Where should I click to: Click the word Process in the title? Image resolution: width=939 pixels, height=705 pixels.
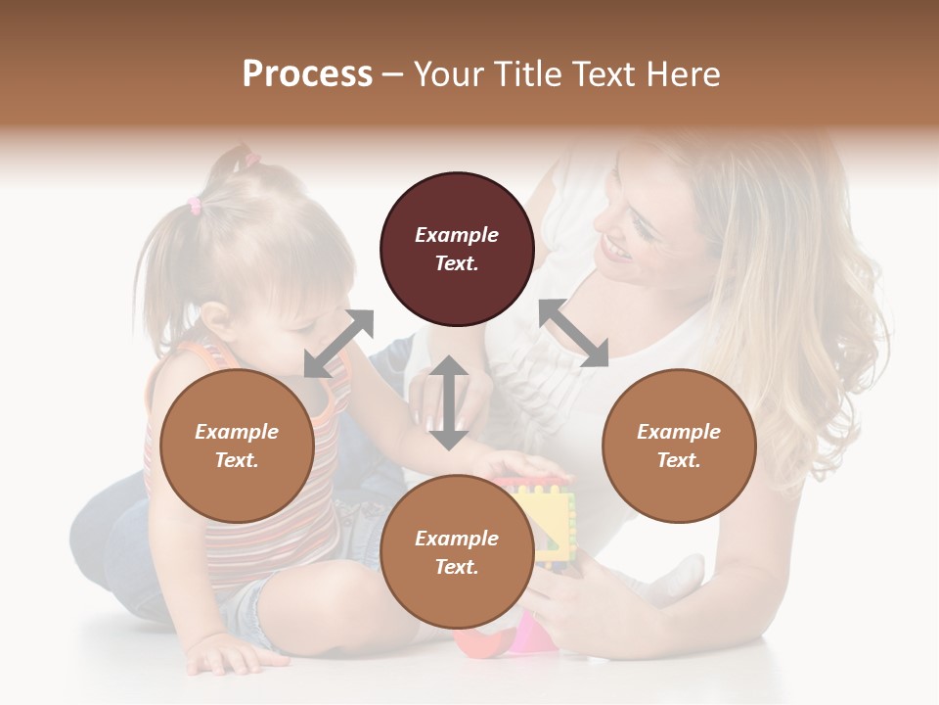307,74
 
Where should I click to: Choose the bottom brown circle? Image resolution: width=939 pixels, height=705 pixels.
457,553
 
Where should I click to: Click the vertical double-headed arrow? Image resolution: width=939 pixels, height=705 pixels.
449,402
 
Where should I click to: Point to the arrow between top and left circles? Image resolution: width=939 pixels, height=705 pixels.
338,343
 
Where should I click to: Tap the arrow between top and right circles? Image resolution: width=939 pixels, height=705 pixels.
573,333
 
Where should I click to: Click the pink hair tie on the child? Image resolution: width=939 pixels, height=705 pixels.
195,206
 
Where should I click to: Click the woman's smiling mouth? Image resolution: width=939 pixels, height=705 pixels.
615,250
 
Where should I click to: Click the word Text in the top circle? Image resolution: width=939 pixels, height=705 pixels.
457,263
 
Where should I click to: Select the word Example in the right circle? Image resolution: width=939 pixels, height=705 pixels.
679,432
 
